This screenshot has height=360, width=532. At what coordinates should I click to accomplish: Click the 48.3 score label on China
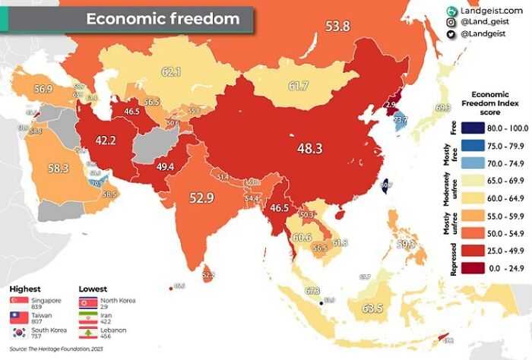coord(309,148)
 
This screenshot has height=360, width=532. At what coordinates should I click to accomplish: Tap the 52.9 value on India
coord(202,198)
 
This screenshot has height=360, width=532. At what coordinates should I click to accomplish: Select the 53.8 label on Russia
coord(337,27)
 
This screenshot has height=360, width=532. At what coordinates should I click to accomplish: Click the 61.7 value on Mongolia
coord(298,87)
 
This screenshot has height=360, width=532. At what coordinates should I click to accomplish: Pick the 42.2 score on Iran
coord(105,140)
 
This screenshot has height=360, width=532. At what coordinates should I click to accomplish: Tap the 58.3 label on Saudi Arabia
coord(58,168)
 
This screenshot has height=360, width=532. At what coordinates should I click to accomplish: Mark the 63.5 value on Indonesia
coord(372,308)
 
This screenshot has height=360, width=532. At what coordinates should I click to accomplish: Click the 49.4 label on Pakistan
coord(165,166)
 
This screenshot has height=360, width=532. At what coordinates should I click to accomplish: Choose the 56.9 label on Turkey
coord(43,89)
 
